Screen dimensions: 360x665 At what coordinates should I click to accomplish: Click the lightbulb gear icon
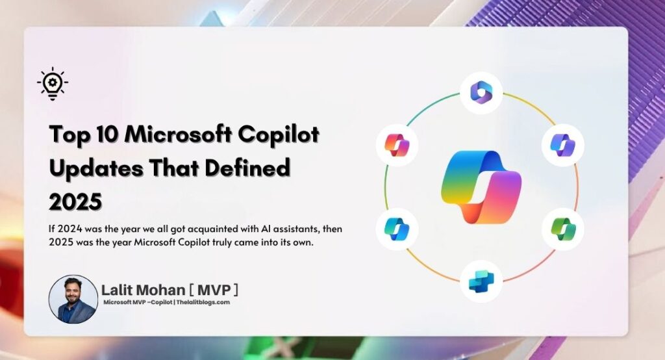[x=53, y=84]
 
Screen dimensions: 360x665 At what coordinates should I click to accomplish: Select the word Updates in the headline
[x=94, y=168]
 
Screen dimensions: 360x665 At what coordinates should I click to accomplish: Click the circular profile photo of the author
[x=73, y=299]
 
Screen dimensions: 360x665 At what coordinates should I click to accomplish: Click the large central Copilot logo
[x=481, y=188]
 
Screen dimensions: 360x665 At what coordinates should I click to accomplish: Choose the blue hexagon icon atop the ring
[x=481, y=93]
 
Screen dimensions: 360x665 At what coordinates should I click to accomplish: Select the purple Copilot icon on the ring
[x=562, y=144]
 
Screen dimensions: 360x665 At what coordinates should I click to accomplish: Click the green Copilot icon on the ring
[x=562, y=229]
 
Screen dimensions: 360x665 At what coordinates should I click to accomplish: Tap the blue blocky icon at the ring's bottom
[x=481, y=281]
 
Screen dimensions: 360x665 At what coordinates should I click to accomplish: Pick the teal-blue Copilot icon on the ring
[x=397, y=229]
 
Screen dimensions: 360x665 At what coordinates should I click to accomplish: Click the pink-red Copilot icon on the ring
[x=397, y=144]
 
